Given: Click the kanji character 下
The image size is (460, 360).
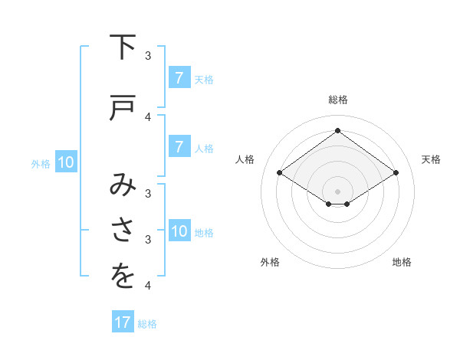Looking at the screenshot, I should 123,48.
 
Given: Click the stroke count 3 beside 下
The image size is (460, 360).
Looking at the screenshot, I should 148,56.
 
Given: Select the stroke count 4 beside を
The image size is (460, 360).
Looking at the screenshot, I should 148,286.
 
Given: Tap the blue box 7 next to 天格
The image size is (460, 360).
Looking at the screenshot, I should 179,78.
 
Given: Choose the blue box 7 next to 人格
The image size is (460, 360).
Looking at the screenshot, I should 179,147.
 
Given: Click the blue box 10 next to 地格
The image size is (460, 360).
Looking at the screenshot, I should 179,231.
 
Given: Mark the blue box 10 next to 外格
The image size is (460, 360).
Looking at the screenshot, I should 65,162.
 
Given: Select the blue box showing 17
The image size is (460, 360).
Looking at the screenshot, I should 123,322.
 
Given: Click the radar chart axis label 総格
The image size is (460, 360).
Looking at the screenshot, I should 337,100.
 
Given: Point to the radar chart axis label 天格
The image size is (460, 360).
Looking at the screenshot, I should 431,159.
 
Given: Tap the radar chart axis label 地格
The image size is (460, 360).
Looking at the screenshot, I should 402,262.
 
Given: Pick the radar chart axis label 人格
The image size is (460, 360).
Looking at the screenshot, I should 245,159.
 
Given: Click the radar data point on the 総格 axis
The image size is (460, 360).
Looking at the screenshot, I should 337,130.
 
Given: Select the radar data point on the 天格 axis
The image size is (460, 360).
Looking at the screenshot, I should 396,173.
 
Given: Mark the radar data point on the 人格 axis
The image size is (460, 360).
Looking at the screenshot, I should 279,173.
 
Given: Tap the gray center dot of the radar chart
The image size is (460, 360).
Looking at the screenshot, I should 337,191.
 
